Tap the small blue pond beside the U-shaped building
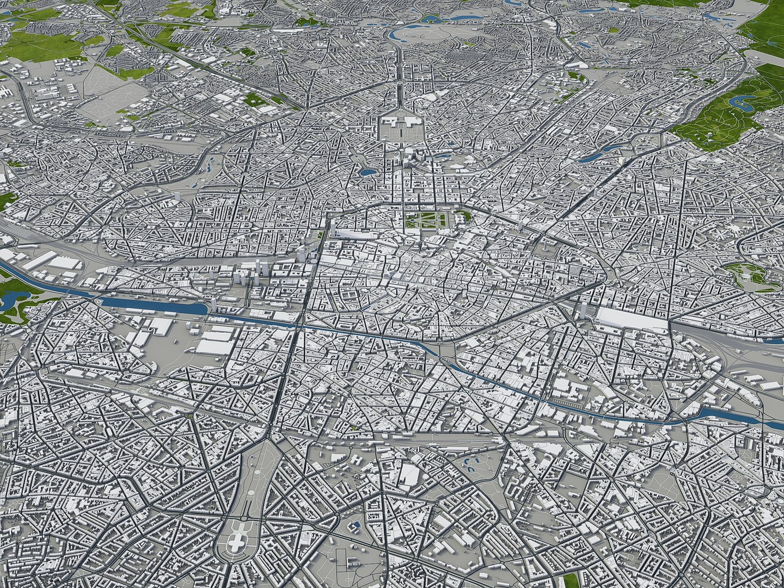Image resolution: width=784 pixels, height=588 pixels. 355,526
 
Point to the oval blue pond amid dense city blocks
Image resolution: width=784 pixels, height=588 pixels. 367,171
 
